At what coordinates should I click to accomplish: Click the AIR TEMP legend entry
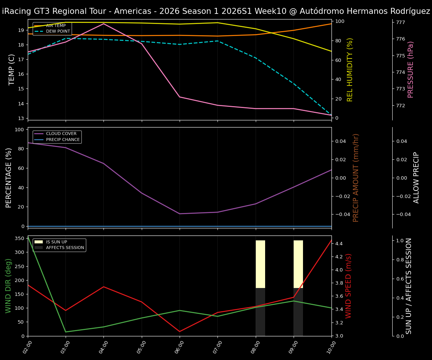tap(55, 26)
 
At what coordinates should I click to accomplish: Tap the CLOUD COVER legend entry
tap(61, 134)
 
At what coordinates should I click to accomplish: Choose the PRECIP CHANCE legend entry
tap(63, 140)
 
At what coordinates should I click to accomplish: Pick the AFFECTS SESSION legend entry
tap(65, 247)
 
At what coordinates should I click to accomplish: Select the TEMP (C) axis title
tap(12, 69)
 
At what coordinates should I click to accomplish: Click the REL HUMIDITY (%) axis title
tap(350, 69)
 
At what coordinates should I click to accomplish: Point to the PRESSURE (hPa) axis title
tap(411, 69)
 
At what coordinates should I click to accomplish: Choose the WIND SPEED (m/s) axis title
tap(349, 286)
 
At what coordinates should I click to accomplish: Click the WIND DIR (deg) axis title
tap(8, 286)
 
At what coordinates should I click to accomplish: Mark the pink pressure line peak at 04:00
tap(103, 24)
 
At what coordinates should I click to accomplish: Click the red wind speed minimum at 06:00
tap(180, 331)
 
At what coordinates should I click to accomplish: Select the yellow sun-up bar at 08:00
tap(260, 264)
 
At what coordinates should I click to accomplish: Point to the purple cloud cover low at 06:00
tap(180, 214)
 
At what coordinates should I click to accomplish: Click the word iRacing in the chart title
tap(15, 11)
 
